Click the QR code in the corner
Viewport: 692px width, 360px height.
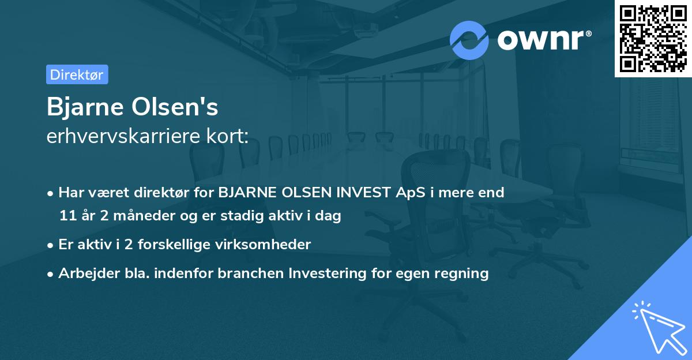point(653,38)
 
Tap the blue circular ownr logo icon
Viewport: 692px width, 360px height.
point(469,40)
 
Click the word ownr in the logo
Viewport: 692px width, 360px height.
point(543,39)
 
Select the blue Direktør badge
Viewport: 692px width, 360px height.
point(77,75)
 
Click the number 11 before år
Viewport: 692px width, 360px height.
point(67,216)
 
